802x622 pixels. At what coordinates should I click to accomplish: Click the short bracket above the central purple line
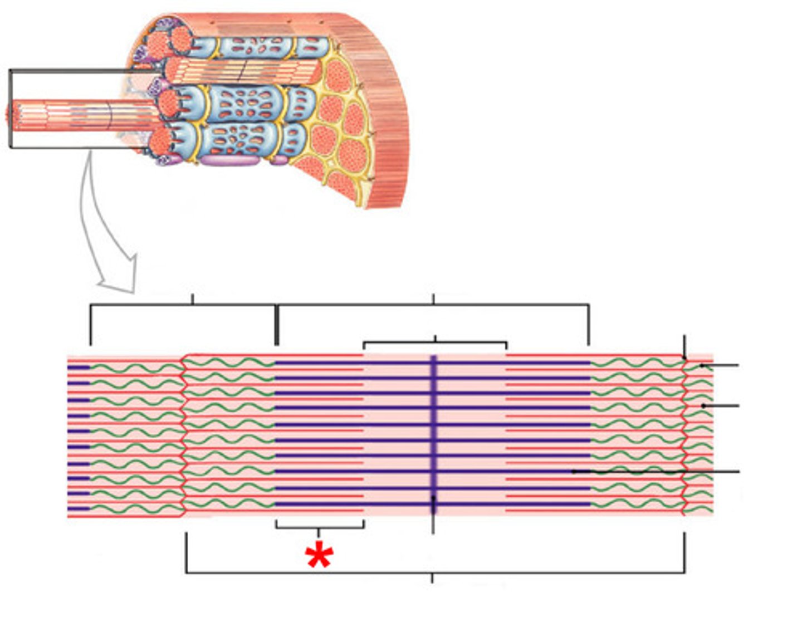coord(435,342)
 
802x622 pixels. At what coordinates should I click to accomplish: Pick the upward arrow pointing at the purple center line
coord(433,512)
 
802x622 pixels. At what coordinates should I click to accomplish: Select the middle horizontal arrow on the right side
coord(721,406)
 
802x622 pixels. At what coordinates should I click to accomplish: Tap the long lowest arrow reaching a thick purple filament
coord(657,472)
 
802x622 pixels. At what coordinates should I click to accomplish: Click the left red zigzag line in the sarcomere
coord(184,434)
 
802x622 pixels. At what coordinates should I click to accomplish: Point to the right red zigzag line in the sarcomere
coord(684,434)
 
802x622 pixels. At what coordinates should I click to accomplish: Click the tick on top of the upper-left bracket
coord(193,299)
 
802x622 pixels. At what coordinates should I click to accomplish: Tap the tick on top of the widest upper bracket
coord(433,299)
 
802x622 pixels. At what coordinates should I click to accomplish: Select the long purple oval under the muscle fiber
coord(229,160)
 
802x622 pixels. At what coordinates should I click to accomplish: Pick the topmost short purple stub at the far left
coord(79,368)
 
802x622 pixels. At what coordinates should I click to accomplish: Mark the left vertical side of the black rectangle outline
coord(10,109)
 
